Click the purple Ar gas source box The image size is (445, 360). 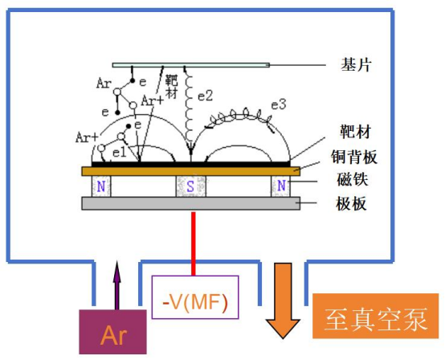112,332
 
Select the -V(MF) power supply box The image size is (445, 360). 195,297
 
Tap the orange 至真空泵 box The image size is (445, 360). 375,316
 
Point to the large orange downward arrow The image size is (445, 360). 283,301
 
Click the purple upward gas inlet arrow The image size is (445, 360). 116,285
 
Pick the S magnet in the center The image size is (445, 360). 190,186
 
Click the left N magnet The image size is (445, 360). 101,186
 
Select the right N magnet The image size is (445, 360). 280,186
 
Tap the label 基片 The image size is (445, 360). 356,65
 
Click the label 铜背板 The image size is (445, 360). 354,157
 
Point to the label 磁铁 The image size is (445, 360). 352,179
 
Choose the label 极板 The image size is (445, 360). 351,203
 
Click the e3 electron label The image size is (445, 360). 279,104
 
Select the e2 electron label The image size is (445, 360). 205,96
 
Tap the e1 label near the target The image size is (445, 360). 119,153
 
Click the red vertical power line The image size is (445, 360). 194,243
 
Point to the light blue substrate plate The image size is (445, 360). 190,65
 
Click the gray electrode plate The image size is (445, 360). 190,203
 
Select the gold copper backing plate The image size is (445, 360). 190,171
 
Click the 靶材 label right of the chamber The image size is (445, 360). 356,132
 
